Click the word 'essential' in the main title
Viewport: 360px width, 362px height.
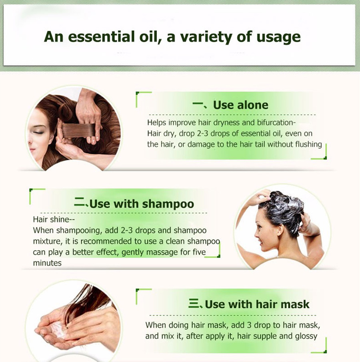click(101, 37)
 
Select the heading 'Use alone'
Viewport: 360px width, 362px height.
click(241, 105)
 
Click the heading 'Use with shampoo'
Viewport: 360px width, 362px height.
click(142, 204)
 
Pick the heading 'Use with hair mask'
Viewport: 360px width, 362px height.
click(257, 304)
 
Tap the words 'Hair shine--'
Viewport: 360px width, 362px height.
click(54, 219)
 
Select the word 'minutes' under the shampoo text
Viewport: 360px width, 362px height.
click(47, 263)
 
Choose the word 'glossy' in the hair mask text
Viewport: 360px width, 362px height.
click(306, 336)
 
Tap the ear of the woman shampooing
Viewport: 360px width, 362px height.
click(280, 230)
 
